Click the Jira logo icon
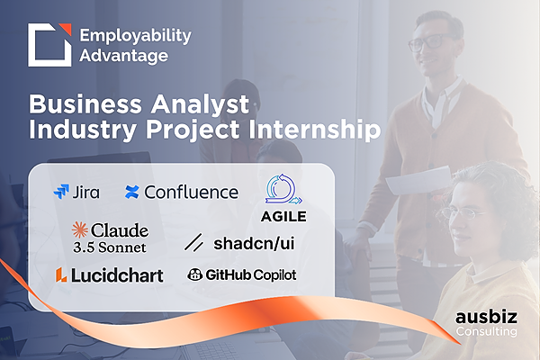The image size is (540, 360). click(x=61, y=192)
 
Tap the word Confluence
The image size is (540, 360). click(x=192, y=193)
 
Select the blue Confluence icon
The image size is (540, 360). click(x=132, y=193)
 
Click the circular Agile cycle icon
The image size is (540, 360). click(x=283, y=189)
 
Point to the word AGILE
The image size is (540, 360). click(x=283, y=217)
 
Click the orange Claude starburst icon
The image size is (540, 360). click(x=80, y=229)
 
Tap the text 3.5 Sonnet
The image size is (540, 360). click(x=110, y=247)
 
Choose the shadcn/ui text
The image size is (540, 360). click(x=254, y=243)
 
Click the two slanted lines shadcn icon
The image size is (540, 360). click(x=193, y=242)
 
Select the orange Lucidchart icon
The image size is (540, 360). click(x=61, y=274)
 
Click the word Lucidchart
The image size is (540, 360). click(x=117, y=275)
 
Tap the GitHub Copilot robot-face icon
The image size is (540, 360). click(x=194, y=274)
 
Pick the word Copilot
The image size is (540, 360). click(x=274, y=274)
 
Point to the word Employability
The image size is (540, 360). click(x=135, y=36)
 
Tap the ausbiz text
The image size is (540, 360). click(x=486, y=317)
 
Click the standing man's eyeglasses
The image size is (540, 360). click(x=430, y=42)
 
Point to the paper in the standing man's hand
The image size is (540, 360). click(x=419, y=180)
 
